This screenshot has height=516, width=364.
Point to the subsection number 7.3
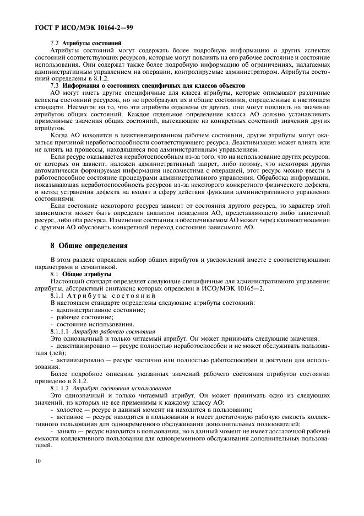coord(55,85)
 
